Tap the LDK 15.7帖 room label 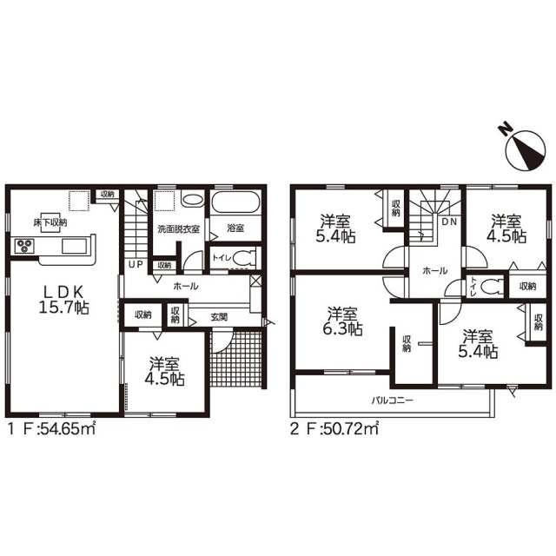pos(63,300)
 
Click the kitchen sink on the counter pos(75,246)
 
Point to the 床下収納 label pos(50,222)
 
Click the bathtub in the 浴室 pos(235,202)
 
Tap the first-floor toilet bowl pos(243,258)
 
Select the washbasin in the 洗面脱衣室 pos(193,199)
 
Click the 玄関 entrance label pos(219,317)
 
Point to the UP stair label pos(136,264)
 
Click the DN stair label pos(449,222)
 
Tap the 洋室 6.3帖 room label pos(342,321)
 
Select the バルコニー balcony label pos(392,400)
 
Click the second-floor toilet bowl pos(493,286)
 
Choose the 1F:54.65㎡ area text pos(52,429)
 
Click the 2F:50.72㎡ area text pos(334,429)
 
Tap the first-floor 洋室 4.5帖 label pos(164,371)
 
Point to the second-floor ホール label pos(435,271)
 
